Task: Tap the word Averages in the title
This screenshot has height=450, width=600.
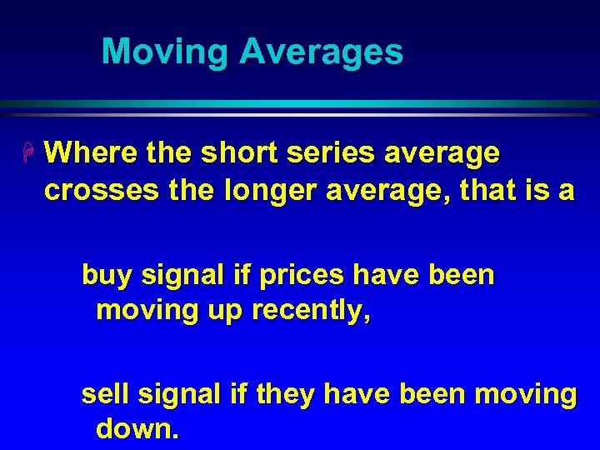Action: [x=321, y=52]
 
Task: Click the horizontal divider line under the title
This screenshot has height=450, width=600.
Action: [x=300, y=104]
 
